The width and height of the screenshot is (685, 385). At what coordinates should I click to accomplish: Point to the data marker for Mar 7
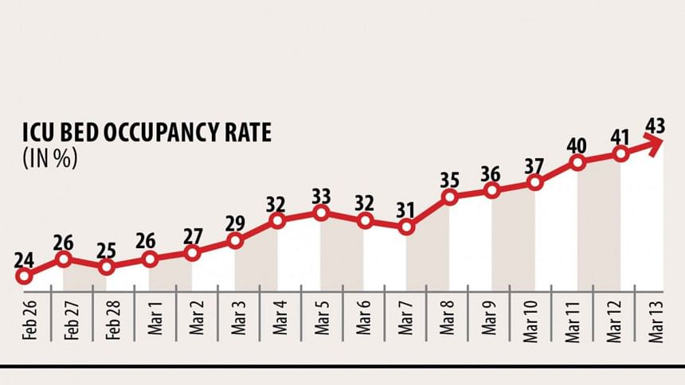[x=407, y=227]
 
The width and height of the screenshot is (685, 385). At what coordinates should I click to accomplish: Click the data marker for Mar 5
[x=321, y=212]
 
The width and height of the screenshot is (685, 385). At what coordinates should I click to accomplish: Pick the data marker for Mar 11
[x=578, y=162]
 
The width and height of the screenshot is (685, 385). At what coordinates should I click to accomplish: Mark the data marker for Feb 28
[x=107, y=266]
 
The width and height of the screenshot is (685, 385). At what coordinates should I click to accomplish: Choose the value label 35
[x=450, y=179]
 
